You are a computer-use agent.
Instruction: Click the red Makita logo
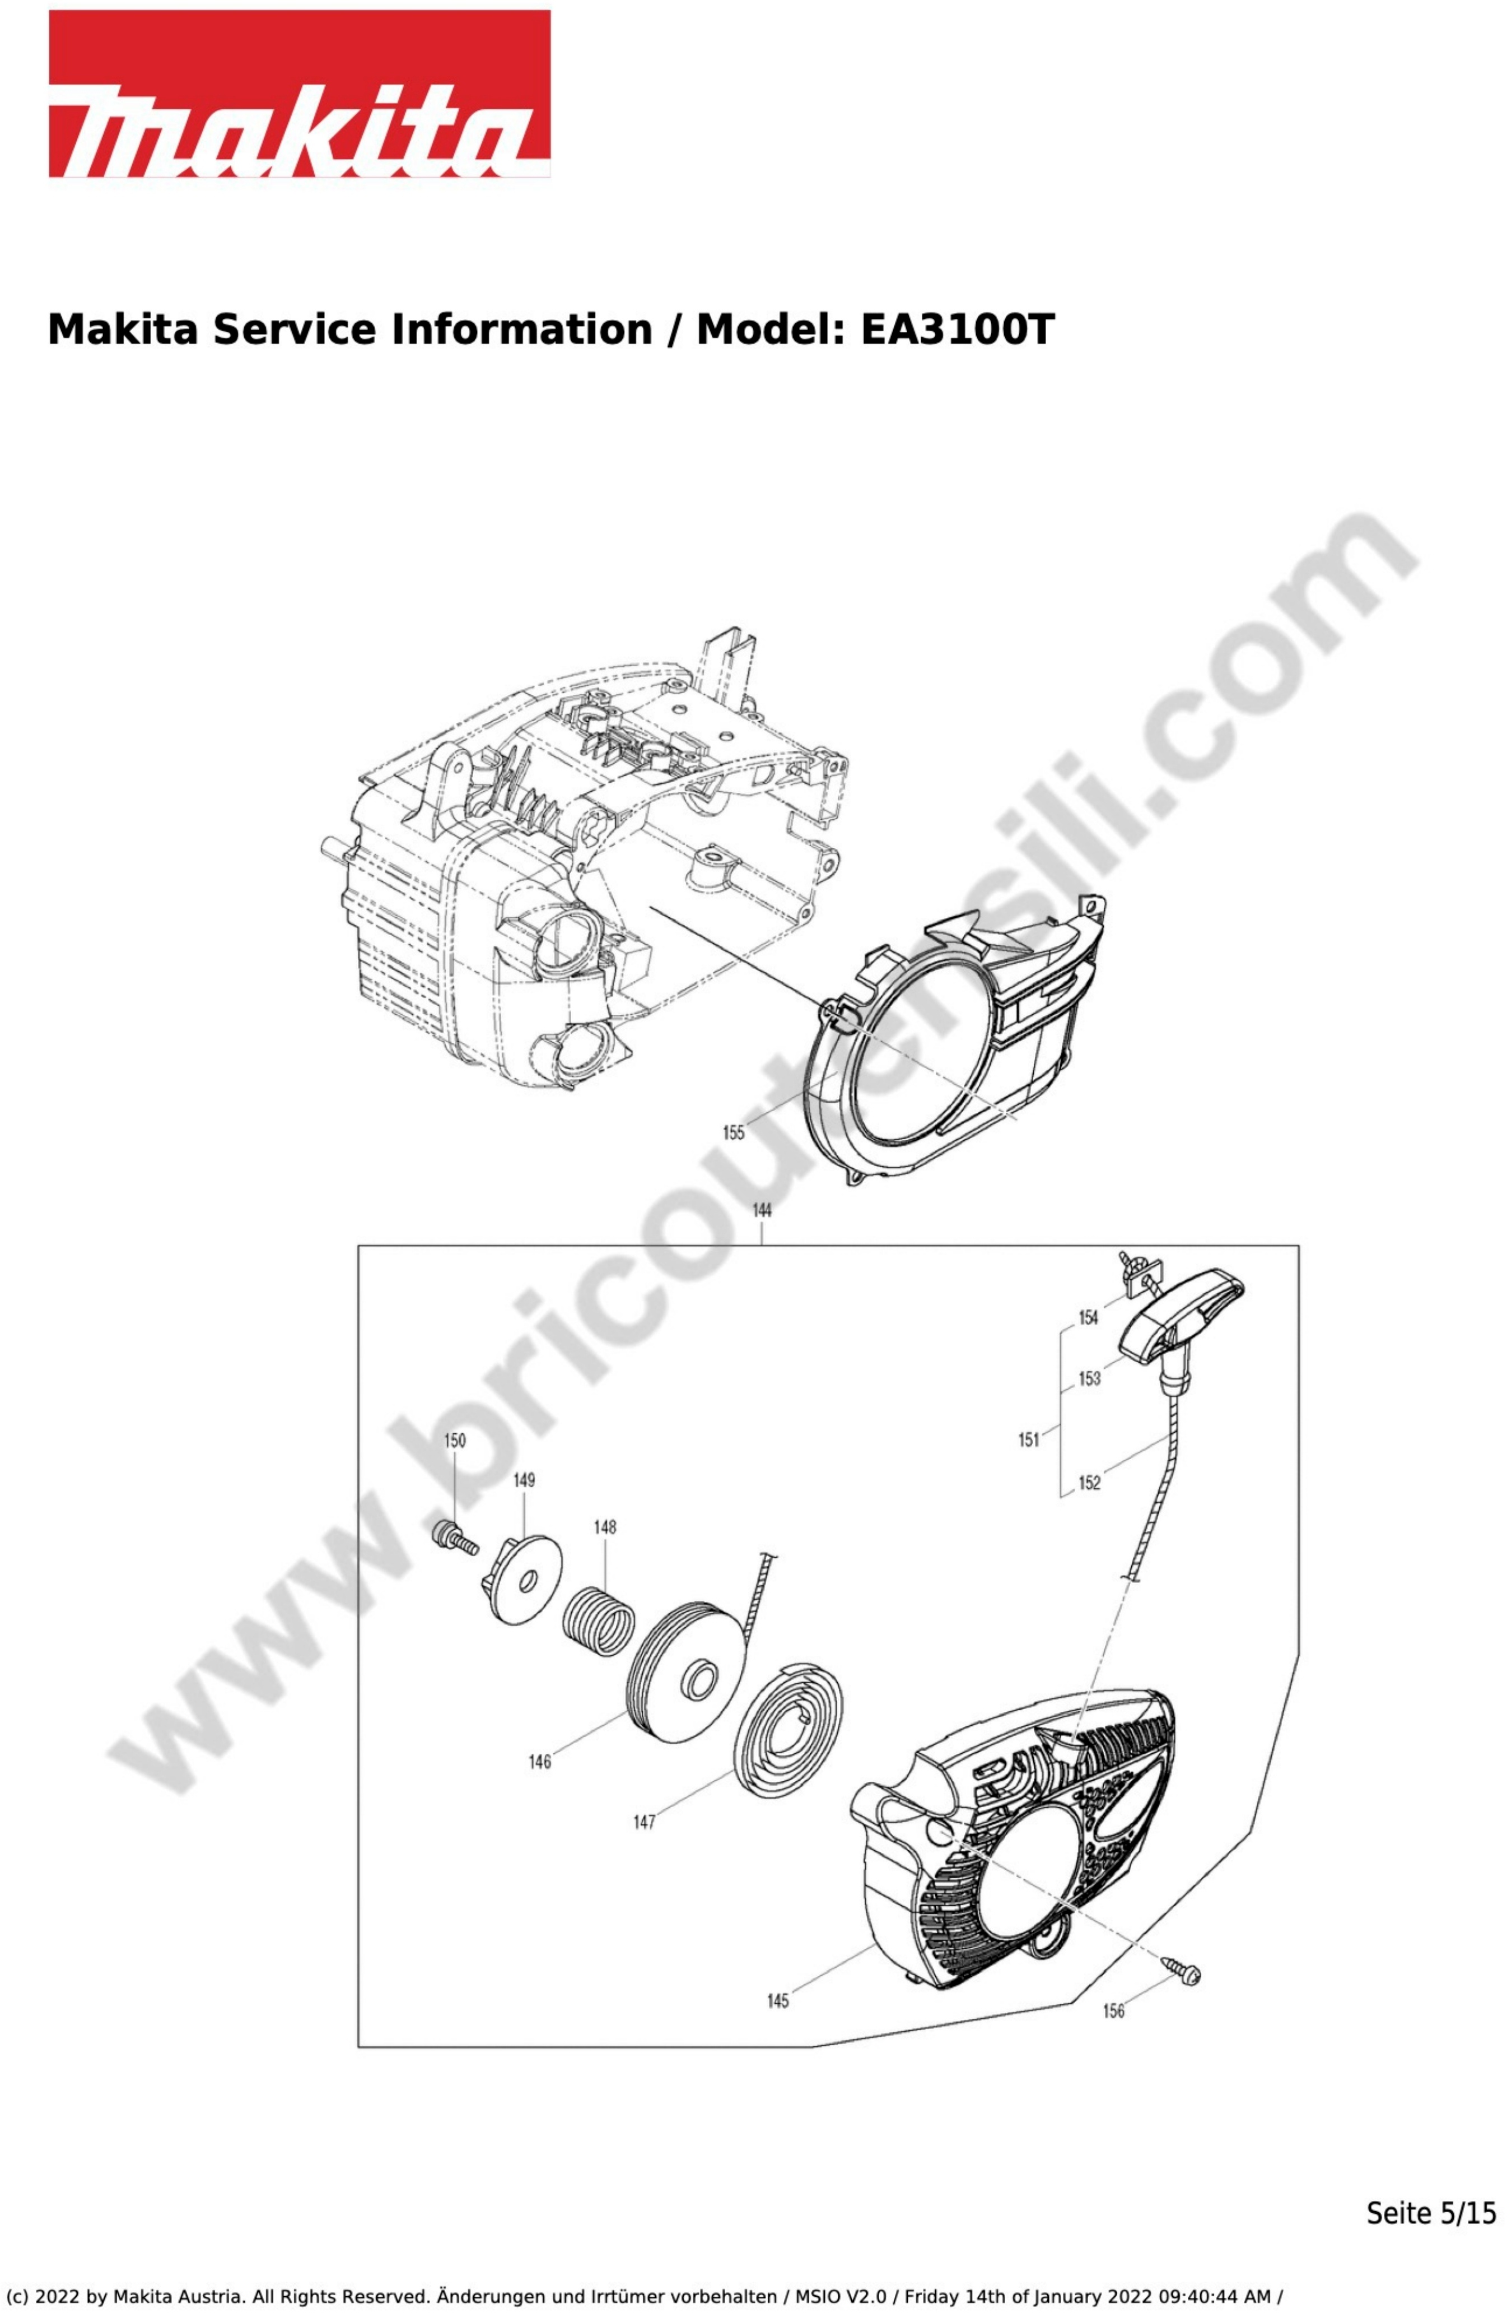(299, 94)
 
